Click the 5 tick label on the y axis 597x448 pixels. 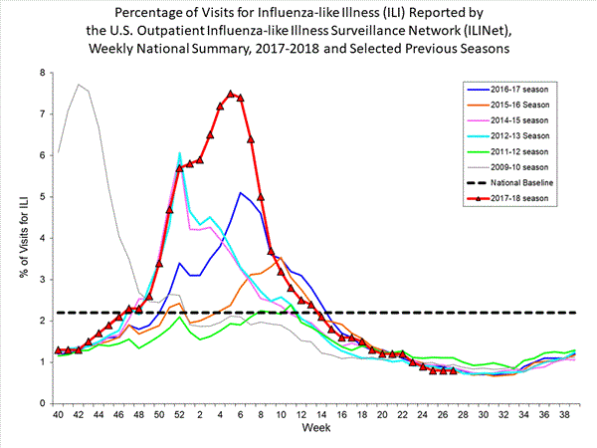[x=42, y=197]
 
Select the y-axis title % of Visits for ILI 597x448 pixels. [x=19, y=239]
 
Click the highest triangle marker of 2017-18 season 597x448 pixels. [x=230, y=95]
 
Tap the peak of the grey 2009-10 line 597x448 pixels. [x=79, y=85]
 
